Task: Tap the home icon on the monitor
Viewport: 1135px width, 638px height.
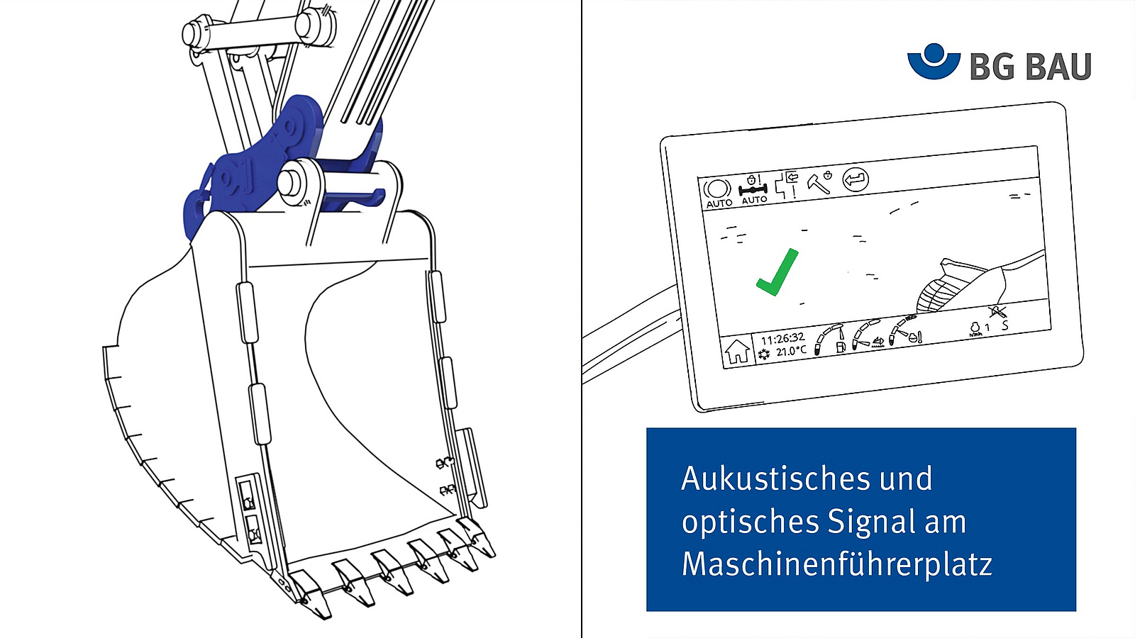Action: [737, 351]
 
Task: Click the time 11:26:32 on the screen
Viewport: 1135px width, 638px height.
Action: [782, 338]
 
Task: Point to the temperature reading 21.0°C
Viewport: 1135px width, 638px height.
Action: [791, 351]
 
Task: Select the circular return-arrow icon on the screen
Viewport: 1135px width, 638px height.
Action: [856, 179]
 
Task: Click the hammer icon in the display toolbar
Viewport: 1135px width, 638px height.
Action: [818, 183]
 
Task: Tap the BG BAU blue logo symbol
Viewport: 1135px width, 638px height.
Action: [934, 61]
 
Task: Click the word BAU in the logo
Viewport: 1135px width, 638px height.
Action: [1058, 67]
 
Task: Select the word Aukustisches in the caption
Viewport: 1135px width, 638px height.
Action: [776, 478]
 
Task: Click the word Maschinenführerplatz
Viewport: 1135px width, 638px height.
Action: [836, 564]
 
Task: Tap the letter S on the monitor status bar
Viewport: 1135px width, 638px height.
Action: [1004, 325]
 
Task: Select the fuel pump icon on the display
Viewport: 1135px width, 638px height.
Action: [841, 347]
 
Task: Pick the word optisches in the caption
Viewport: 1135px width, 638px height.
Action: [750, 522]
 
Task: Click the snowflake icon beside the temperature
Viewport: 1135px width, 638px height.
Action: [764, 354]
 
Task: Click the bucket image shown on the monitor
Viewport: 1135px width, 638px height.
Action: [960, 286]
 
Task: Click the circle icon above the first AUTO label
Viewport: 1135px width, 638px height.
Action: [717, 189]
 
